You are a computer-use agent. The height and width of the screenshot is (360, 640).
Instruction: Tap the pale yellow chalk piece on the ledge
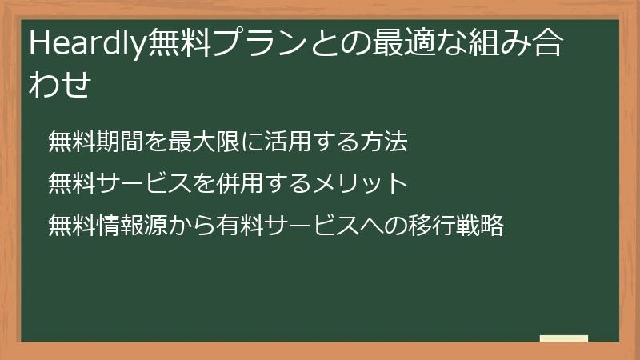point(564,338)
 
